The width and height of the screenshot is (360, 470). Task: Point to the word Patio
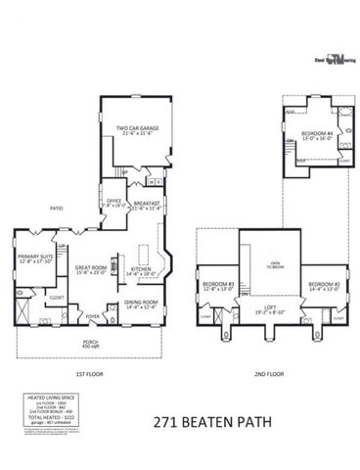58,209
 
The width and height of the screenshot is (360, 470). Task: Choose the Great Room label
91,267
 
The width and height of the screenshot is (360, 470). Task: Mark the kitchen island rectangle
143,258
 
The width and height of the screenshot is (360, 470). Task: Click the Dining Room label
140,305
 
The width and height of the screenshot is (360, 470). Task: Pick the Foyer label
94,317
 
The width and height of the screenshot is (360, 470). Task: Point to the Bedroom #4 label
317,134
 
